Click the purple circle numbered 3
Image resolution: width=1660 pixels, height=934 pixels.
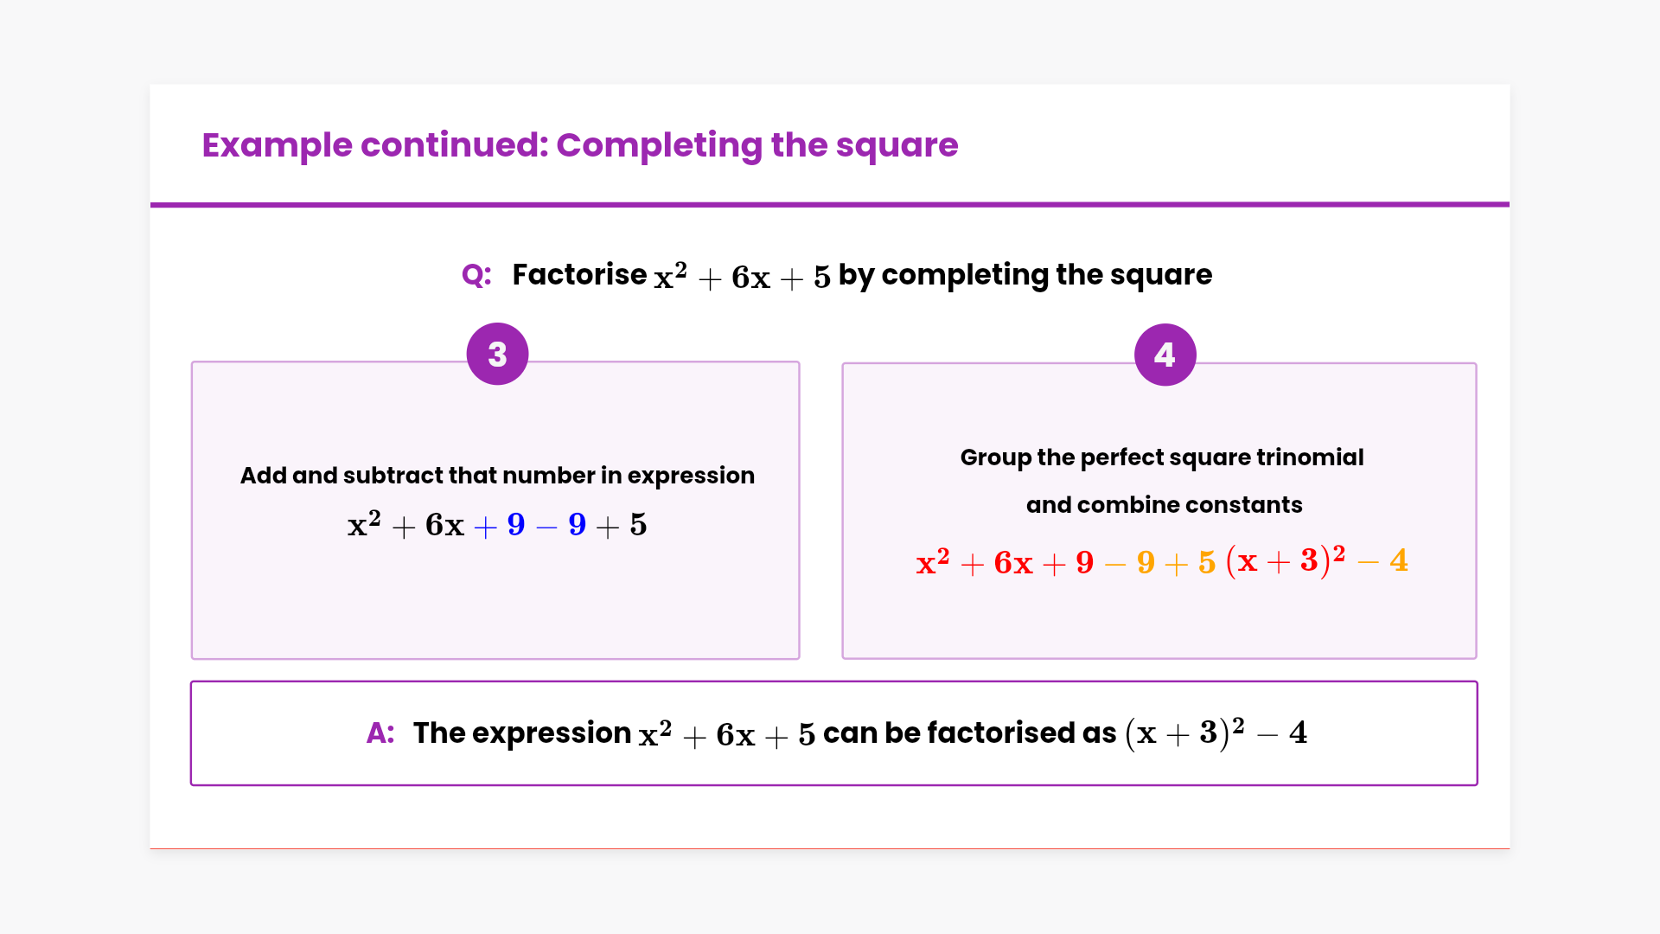[497, 354]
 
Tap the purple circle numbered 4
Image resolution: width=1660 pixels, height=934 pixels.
[1165, 355]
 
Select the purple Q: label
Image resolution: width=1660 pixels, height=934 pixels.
[476, 275]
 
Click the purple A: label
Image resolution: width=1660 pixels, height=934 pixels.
[380, 733]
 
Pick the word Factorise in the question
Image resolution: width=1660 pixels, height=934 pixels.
[579, 275]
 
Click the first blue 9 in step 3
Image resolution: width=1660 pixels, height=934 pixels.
[516, 525]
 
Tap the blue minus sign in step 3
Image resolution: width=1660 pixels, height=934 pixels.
[546, 527]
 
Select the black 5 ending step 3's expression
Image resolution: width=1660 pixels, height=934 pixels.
[638, 525]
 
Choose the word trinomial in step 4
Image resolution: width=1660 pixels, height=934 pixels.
[1310, 457]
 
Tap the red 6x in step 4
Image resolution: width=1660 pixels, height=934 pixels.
[1013, 563]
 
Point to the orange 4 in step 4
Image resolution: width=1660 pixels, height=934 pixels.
[1399, 560]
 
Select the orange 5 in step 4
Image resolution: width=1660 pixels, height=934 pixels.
[1207, 563]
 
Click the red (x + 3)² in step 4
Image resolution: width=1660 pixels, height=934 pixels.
[1286, 560]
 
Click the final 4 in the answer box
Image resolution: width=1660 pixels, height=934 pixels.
[1298, 732]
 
